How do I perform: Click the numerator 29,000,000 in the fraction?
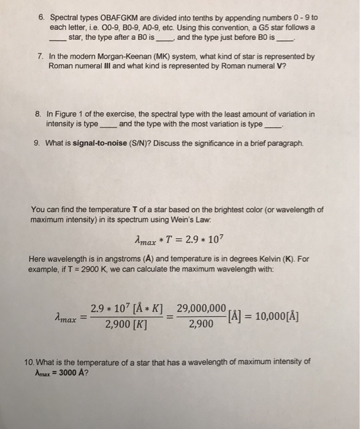[x=202, y=308]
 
